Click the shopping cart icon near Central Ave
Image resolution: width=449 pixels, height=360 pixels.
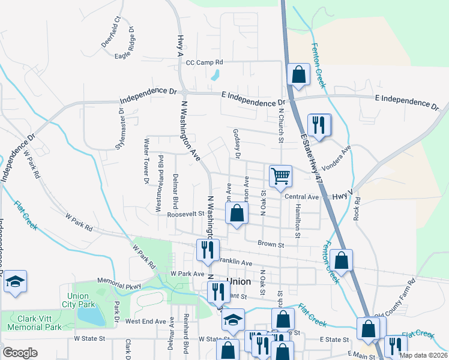click(x=280, y=176)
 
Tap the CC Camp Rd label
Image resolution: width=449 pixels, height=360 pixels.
click(x=204, y=62)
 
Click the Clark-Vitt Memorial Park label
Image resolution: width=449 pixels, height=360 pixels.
click(x=34, y=323)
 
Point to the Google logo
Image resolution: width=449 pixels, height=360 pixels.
click(x=20, y=353)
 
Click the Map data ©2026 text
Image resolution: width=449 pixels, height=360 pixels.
click(x=423, y=355)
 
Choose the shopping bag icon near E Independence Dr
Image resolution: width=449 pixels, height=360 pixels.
click(x=298, y=75)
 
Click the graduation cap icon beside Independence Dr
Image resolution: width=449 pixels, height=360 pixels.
click(x=15, y=282)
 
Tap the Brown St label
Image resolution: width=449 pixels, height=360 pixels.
click(x=270, y=244)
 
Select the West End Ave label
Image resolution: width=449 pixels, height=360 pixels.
click(x=145, y=321)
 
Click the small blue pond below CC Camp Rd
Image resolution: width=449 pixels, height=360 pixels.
click(x=215, y=76)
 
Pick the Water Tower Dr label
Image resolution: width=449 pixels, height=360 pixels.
click(x=146, y=162)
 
